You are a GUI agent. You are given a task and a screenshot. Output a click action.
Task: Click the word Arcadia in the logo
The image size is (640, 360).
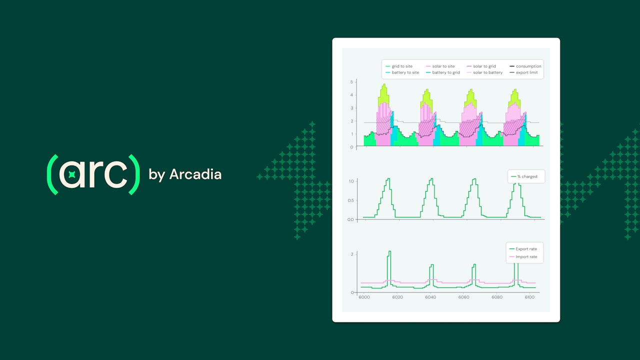point(195,174)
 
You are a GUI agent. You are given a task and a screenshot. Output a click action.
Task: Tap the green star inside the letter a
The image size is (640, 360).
point(71,174)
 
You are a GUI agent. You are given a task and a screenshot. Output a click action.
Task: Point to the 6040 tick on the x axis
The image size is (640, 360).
point(430,297)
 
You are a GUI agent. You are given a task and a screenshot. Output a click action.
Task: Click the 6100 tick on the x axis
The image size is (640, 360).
point(530,297)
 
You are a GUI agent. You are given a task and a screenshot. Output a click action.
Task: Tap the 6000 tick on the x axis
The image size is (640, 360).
point(364,297)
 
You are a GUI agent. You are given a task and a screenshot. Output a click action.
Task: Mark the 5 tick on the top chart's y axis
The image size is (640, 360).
point(351,82)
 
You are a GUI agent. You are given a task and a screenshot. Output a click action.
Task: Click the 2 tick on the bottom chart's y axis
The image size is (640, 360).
point(352,254)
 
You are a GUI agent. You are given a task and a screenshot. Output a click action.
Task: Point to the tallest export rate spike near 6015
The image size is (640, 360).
point(389,251)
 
